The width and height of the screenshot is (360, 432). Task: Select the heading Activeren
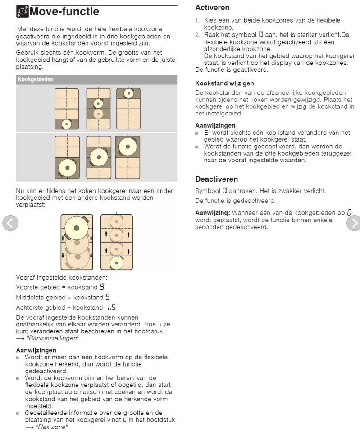[213, 8]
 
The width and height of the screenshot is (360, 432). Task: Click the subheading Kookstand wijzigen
[224, 83]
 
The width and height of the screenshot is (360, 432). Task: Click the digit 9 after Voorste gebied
[103, 286]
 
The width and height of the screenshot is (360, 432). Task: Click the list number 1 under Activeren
[197, 21]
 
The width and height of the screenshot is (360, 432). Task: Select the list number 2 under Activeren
[197, 34]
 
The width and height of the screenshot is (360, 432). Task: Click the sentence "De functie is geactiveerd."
[229, 69]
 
